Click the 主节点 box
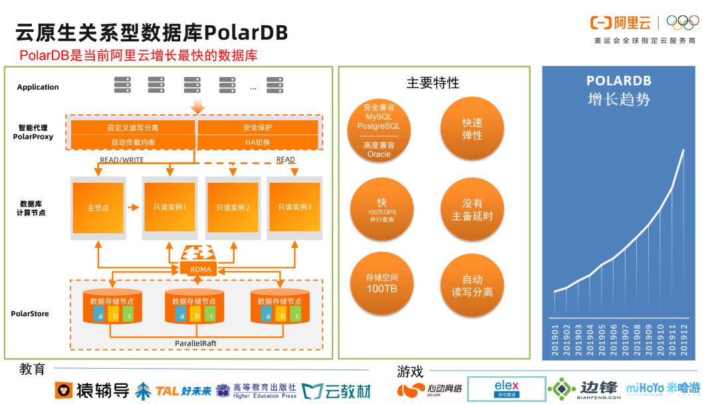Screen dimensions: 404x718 [98, 208]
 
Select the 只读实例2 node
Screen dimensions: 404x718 [233, 208]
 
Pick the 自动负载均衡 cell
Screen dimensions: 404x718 [132, 142]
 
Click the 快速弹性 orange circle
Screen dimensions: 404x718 [472, 129]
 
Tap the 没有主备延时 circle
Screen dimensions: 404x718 [472, 209]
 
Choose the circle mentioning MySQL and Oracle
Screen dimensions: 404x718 [379, 130]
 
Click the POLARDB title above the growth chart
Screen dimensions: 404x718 [618, 81]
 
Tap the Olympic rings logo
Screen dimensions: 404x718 [683, 23]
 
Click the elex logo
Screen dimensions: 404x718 [507, 389]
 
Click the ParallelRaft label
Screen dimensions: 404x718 [196, 343]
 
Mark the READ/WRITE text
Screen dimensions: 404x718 [122, 160]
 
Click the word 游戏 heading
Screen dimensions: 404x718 [410, 371]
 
